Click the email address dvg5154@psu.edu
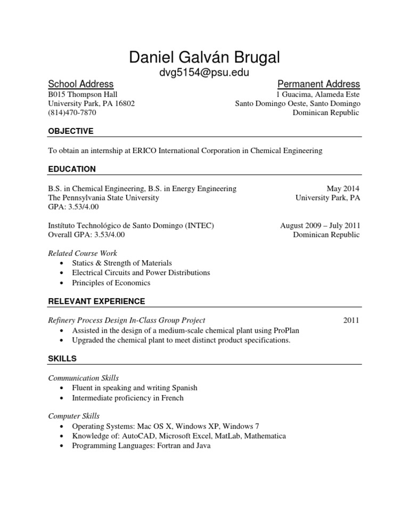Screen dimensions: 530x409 pyautogui.click(x=204, y=73)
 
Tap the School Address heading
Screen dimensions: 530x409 pyautogui.click(x=80, y=84)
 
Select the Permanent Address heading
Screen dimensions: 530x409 pyautogui.click(x=318, y=84)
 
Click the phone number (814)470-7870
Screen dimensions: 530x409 pyautogui.click(x=72, y=113)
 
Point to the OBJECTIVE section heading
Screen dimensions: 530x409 pyautogui.click(x=71, y=131)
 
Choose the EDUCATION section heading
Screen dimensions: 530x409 pyautogui.click(x=72, y=170)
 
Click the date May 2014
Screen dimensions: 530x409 pyautogui.click(x=343, y=188)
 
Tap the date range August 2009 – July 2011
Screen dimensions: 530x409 pyautogui.click(x=320, y=226)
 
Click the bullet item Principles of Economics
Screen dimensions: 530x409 pyautogui.click(x=111, y=283)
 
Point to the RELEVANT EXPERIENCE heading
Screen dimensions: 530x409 pyautogui.click(x=96, y=301)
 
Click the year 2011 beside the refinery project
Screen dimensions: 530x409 pyautogui.click(x=351, y=320)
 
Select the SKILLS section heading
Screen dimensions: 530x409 pyautogui.click(x=62, y=358)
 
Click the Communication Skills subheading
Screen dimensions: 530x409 pyautogui.click(x=84, y=378)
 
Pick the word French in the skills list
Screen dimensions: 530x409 pyautogui.click(x=172, y=398)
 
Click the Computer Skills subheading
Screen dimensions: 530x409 pyautogui.click(x=74, y=416)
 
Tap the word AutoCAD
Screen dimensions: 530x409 pyautogui.click(x=129, y=436)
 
